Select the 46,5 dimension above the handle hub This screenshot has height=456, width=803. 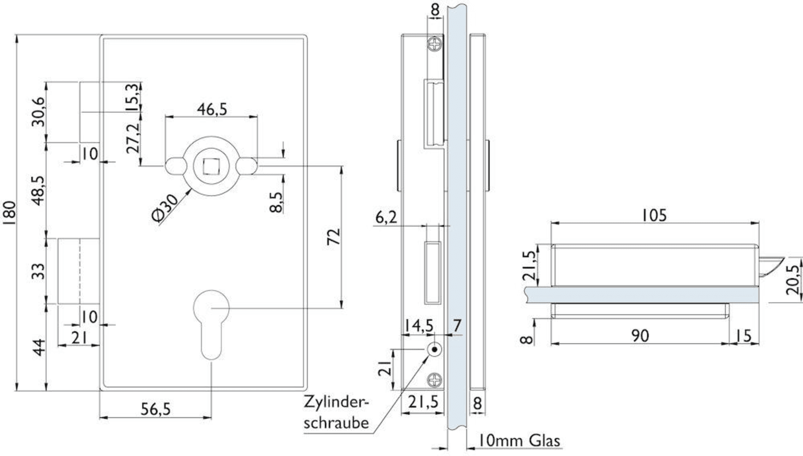[211, 109]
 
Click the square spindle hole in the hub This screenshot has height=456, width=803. [211, 165]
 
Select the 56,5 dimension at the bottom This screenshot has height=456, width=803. [156, 409]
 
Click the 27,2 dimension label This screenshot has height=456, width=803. [132, 138]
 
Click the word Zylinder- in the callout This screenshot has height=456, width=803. [336, 402]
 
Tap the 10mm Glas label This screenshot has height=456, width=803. [518, 441]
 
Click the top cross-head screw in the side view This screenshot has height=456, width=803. [435, 44]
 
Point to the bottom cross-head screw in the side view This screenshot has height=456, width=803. [435, 378]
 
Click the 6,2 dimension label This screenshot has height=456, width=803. [386, 217]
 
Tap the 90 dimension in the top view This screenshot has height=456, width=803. [640, 336]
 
